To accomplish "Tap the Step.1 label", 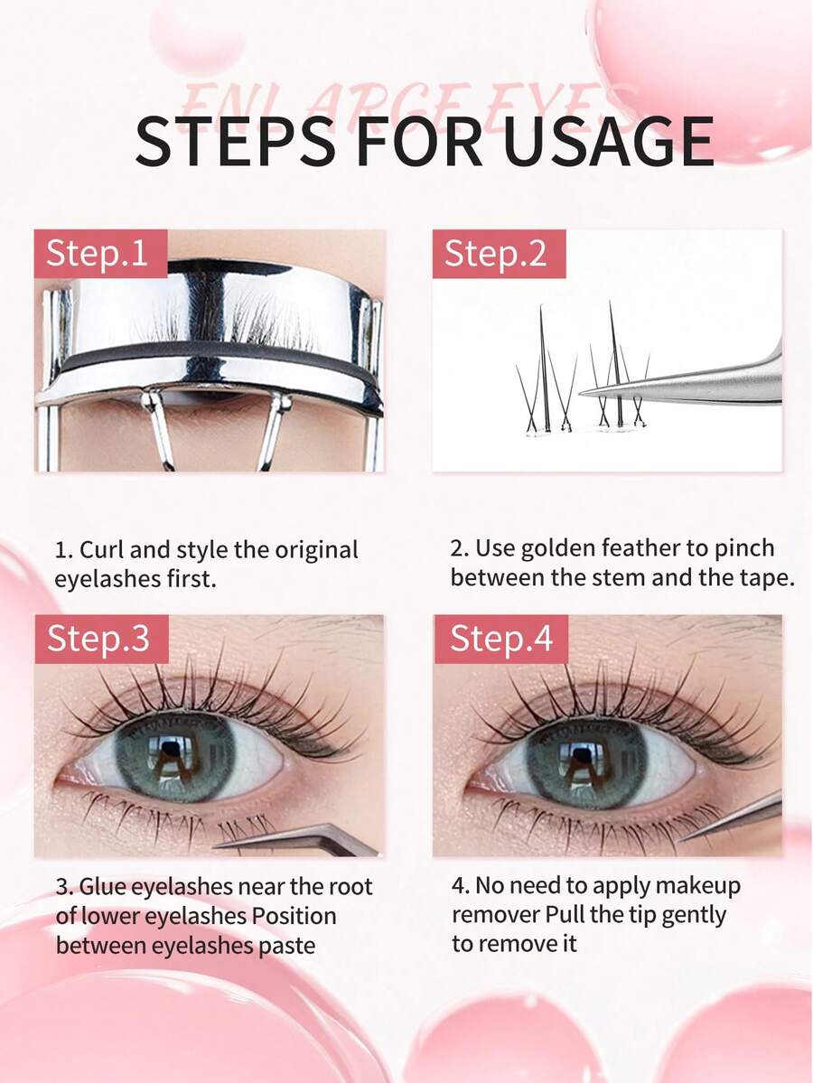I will [x=97, y=254].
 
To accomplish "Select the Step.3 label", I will [x=98, y=639].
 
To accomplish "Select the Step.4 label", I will [x=500, y=639].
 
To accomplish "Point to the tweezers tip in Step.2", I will [x=587, y=392].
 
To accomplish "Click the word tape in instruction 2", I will [x=767, y=577].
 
